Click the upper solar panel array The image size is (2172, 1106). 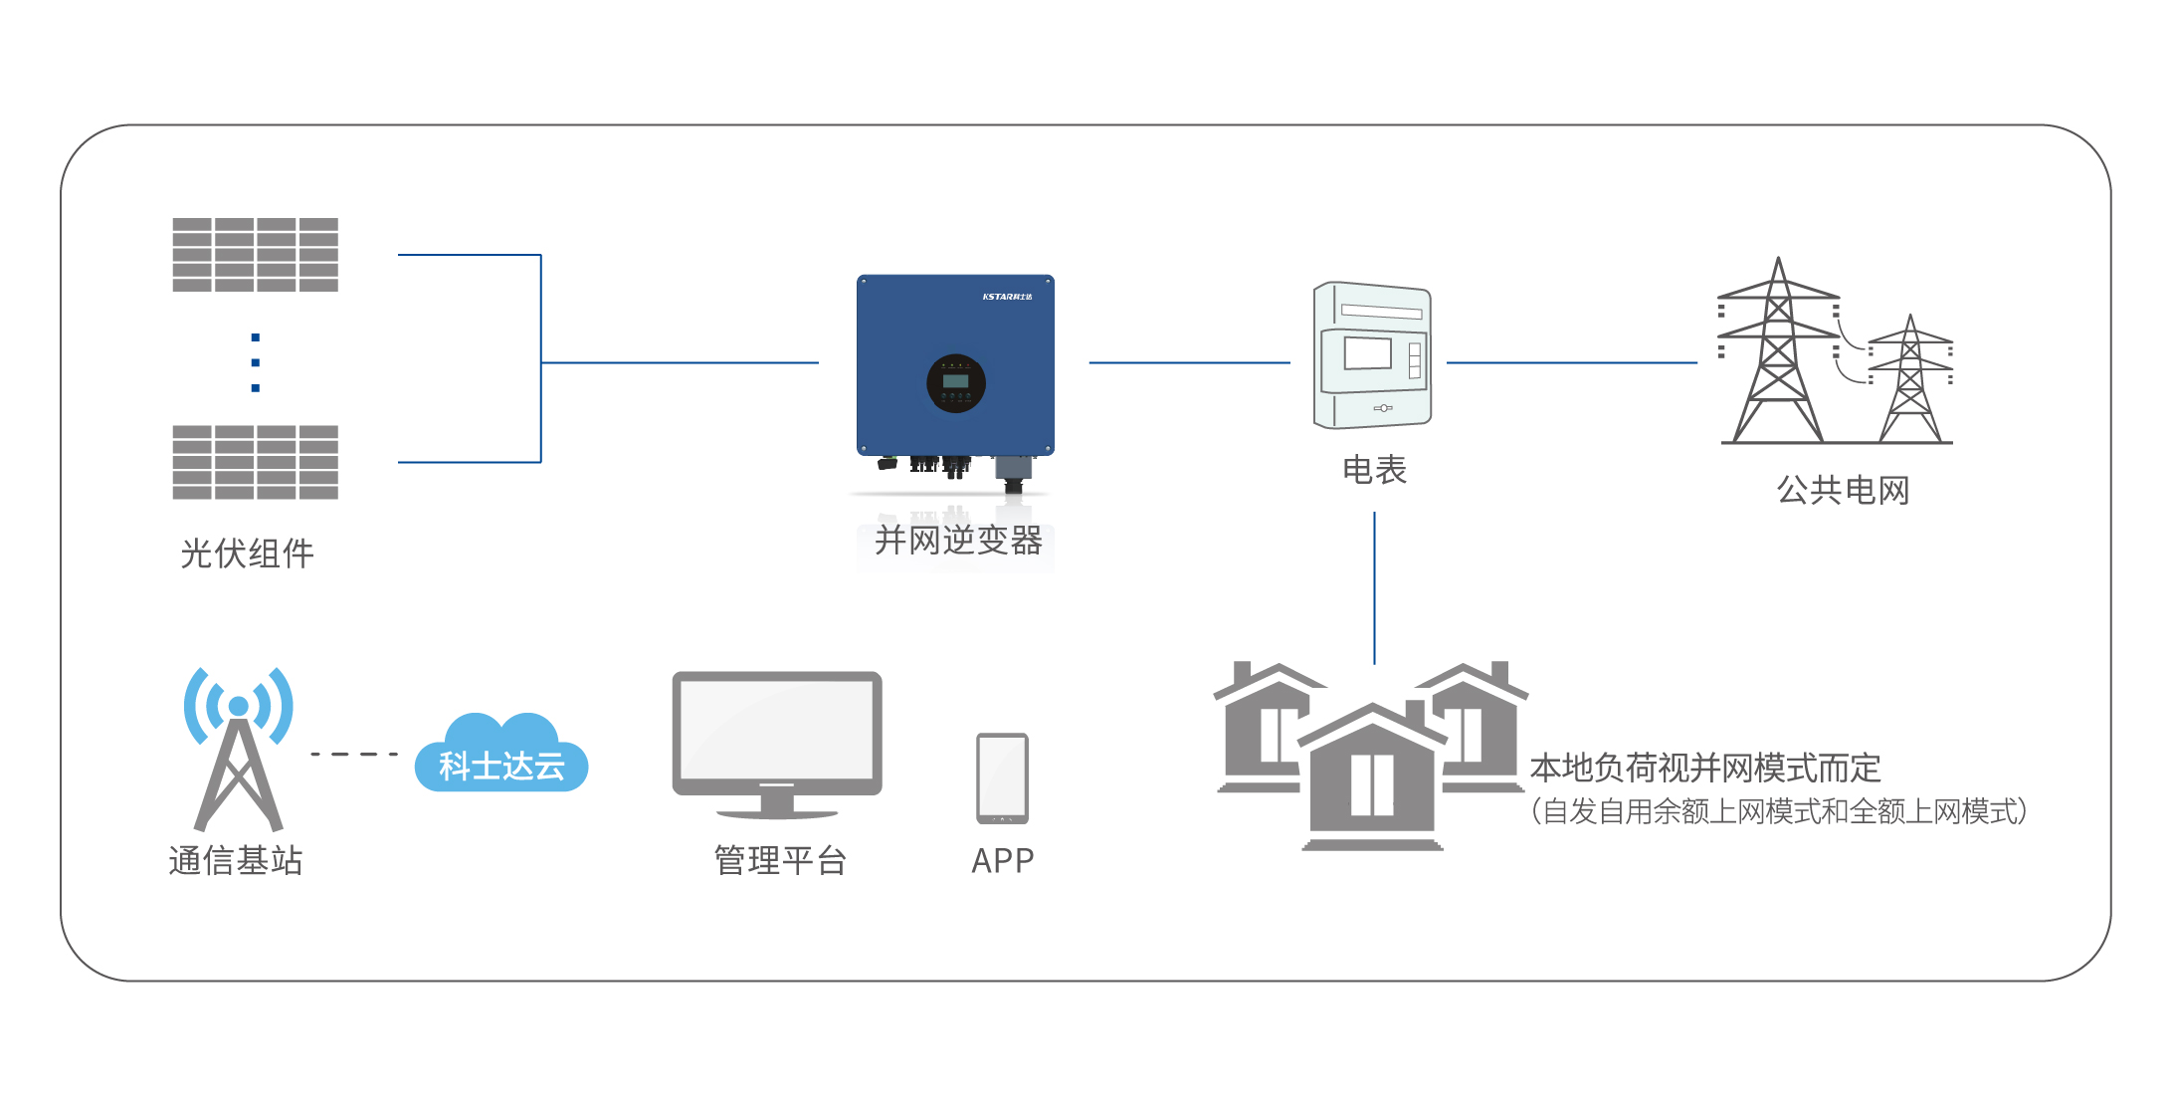click(x=255, y=255)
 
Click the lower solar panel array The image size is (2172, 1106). click(x=255, y=462)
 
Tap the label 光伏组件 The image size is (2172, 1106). click(x=247, y=553)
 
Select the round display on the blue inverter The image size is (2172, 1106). click(x=955, y=383)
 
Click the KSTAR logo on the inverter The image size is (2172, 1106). click(x=1007, y=297)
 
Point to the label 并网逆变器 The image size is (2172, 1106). click(x=958, y=541)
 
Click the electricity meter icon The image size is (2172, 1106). click(x=1372, y=355)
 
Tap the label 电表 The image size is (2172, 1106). click(x=1374, y=470)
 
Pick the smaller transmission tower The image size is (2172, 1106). click(x=1909, y=383)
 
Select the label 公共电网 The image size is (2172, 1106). click(x=1843, y=491)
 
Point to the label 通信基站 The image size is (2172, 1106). click(x=236, y=860)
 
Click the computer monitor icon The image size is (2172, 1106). click(x=777, y=742)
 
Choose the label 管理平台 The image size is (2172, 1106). click(x=780, y=860)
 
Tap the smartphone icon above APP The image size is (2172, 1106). click(x=1002, y=778)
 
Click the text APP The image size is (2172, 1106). click(x=1003, y=860)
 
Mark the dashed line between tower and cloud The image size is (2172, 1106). click(x=354, y=755)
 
